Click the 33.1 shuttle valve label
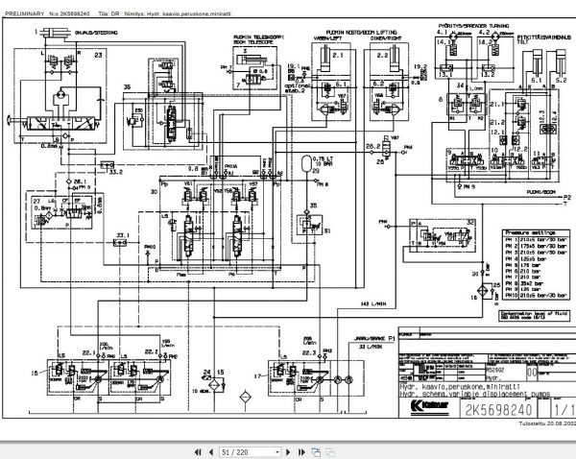tap(121, 233)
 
